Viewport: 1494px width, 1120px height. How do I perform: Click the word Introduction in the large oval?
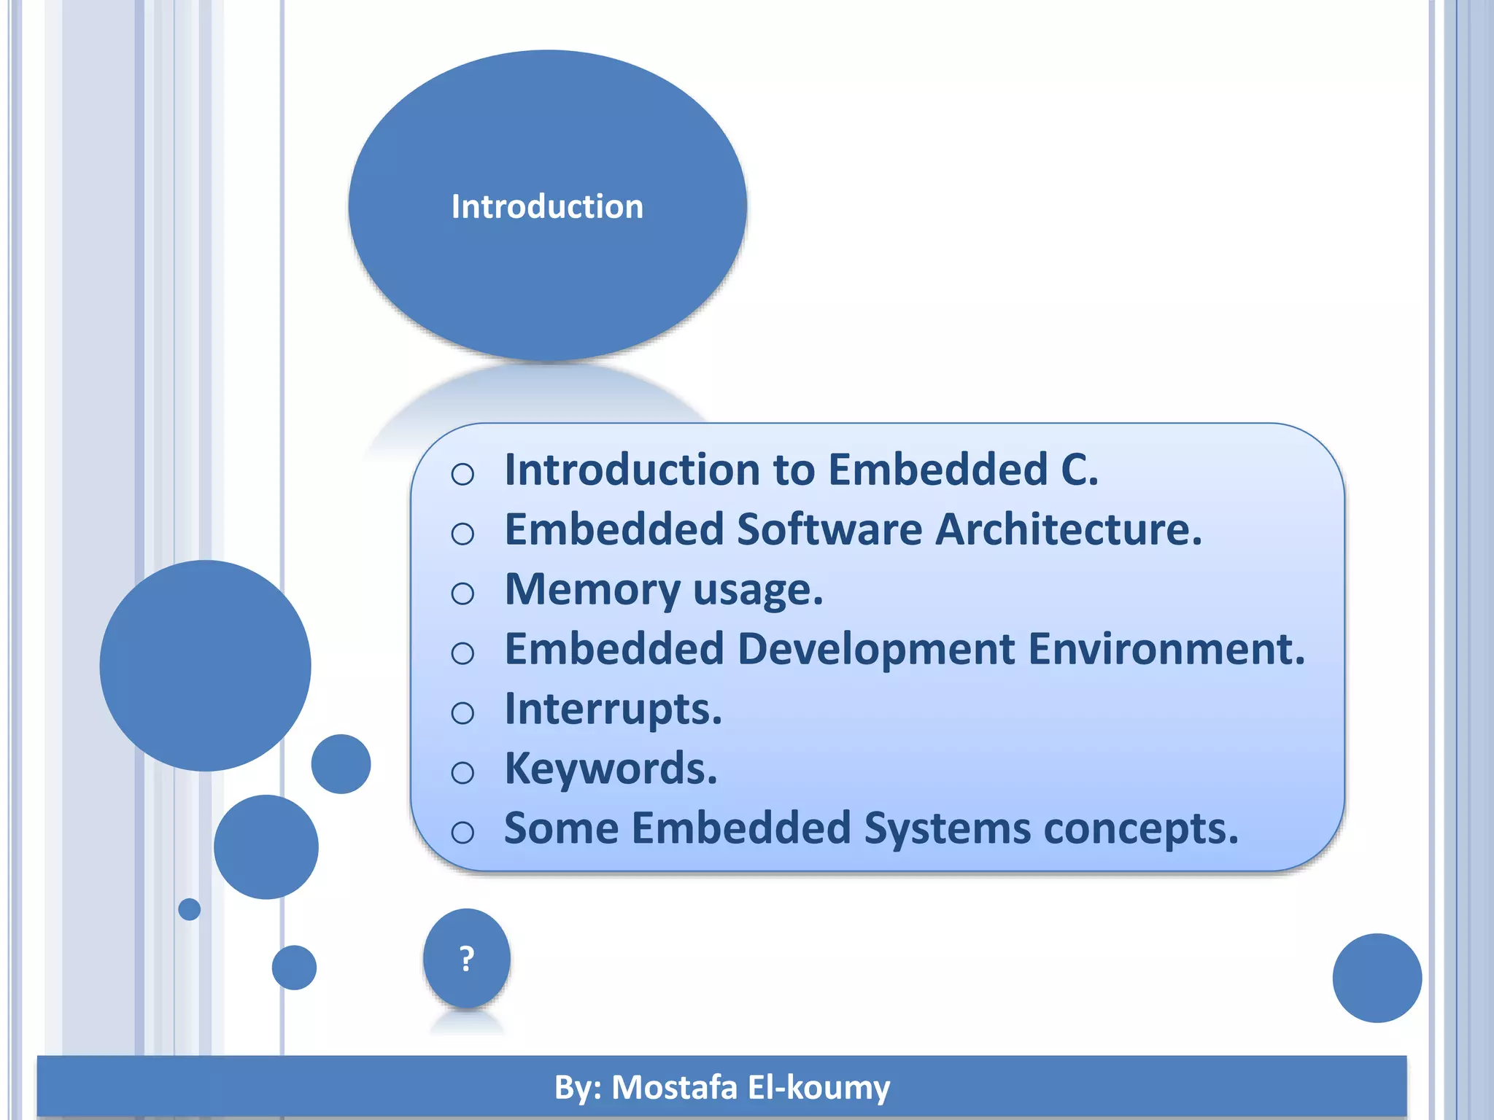[x=547, y=206]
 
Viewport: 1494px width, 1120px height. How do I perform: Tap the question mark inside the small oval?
[x=467, y=958]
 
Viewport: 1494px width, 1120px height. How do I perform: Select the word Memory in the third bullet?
[x=592, y=589]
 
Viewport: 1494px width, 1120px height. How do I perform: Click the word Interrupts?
[x=613, y=709]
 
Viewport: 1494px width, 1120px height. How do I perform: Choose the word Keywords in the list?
[x=611, y=769]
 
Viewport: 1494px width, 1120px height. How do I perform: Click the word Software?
[x=829, y=529]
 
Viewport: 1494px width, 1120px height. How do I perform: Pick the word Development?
[x=875, y=649]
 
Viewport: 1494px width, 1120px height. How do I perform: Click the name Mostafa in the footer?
[x=674, y=1087]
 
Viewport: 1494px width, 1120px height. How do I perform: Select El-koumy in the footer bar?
[x=818, y=1087]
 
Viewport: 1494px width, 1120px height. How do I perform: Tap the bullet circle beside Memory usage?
[x=462, y=594]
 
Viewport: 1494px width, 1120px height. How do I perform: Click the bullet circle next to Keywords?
[x=462, y=773]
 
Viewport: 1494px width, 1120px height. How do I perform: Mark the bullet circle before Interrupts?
[x=462, y=713]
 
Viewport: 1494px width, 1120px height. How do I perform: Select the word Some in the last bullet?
[x=561, y=828]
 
